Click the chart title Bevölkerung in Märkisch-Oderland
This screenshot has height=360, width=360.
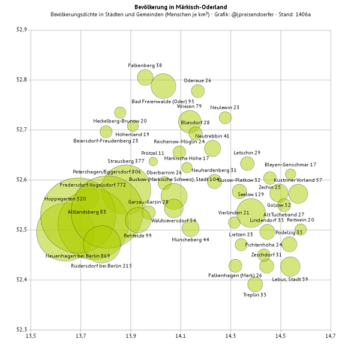180,5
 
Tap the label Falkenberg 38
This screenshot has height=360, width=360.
145,65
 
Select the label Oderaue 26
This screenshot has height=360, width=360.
197,80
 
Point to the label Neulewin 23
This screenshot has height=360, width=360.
225,107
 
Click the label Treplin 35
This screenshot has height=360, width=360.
255,295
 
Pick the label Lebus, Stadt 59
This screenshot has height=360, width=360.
290,279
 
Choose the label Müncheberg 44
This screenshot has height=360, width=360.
190,239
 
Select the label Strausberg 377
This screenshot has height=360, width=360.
126,161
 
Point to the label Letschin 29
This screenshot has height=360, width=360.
247,152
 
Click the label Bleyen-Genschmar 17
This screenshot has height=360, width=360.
290,164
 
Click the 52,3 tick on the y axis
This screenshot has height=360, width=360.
22,329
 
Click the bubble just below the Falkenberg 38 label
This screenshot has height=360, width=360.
145,77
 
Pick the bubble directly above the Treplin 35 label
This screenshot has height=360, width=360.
255,284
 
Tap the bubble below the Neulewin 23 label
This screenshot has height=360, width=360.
225,118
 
